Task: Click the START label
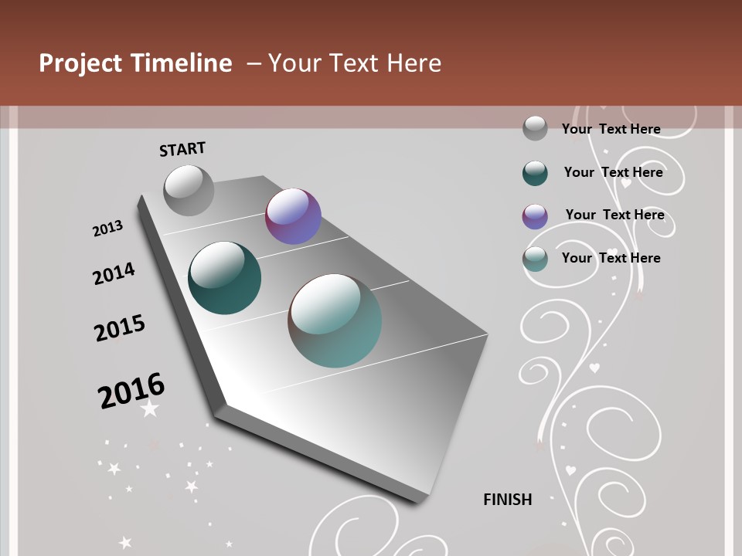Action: tap(182, 149)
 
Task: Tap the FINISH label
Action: tap(507, 500)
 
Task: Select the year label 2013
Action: tap(107, 229)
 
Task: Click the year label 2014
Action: tap(114, 273)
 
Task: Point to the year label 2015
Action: tap(119, 328)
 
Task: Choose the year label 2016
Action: tap(131, 391)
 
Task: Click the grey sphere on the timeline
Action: tap(189, 190)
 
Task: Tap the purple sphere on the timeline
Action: tap(293, 216)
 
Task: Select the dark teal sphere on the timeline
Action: tap(224, 278)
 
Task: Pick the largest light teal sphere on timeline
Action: tap(335, 320)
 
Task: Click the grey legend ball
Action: tap(535, 128)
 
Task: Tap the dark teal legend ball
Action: tap(535, 173)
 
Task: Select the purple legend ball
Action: tap(535, 215)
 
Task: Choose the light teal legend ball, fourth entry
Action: tap(535, 259)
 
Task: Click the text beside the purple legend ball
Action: tap(614, 215)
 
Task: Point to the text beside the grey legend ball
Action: tap(611, 129)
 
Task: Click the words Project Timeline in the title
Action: tap(135, 63)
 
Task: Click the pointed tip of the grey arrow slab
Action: tap(420, 494)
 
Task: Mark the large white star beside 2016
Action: tap(150, 409)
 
